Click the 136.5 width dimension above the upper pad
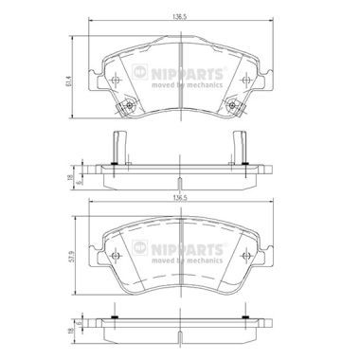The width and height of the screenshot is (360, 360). (x=181, y=17)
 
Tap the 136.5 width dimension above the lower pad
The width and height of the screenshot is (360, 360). (x=181, y=197)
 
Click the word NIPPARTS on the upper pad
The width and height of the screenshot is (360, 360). (x=188, y=74)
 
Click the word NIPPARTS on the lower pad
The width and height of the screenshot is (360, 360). (x=188, y=249)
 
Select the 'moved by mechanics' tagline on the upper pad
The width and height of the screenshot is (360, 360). (x=188, y=85)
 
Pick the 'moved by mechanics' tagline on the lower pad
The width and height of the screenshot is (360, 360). (x=188, y=261)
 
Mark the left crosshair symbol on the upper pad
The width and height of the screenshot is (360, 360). (x=116, y=80)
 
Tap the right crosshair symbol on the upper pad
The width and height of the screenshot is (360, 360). (x=245, y=80)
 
